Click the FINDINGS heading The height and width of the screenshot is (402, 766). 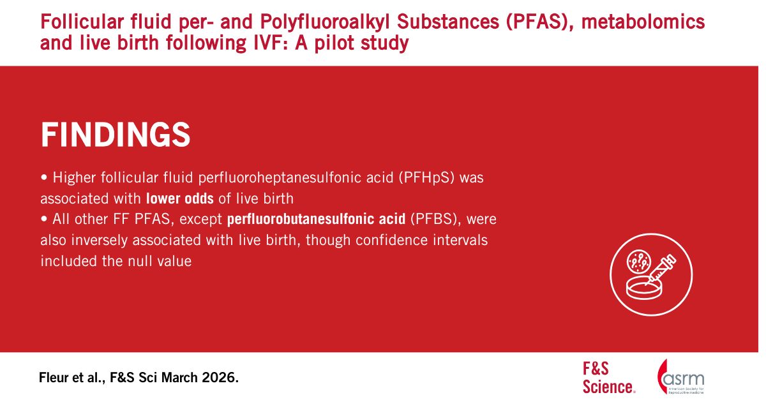click(x=116, y=135)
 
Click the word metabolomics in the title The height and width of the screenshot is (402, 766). click(x=643, y=22)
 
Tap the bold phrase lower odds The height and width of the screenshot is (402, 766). click(x=180, y=198)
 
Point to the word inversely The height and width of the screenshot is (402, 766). click(x=99, y=241)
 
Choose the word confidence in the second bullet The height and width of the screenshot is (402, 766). click(x=391, y=240)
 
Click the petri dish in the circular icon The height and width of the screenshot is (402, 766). click(x=644, y=288)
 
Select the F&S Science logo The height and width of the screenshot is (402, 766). click(x=609, y=378)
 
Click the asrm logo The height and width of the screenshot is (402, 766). click(x=680, y=376)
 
